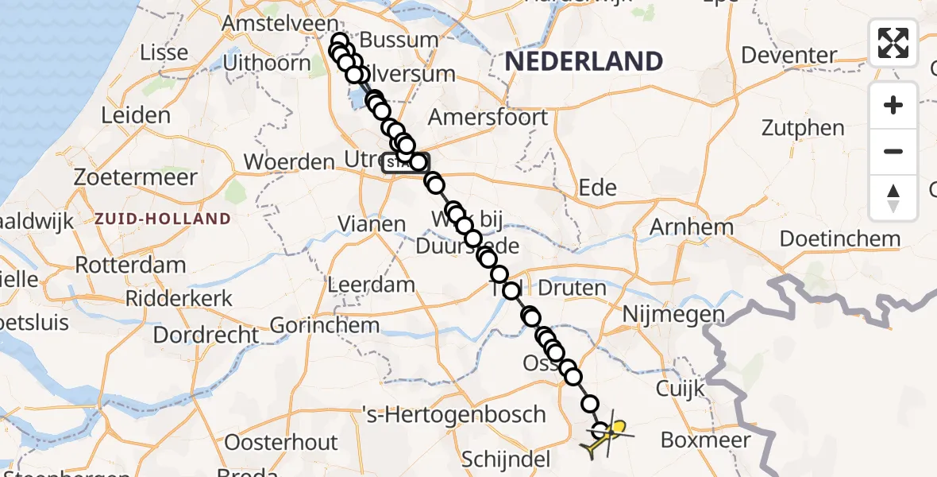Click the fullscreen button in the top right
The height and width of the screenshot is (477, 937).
[x=893, y=43]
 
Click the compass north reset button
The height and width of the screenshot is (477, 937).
[x=893, y=198]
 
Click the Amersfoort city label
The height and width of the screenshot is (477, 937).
[x=488, y=118]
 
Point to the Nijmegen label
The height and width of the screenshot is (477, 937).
[x=673, y=315]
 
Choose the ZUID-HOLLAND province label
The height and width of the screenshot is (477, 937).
[x=163, y=218]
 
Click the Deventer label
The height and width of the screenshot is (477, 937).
[x=789, y=56]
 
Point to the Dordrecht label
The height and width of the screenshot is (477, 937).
[x=206, y=335]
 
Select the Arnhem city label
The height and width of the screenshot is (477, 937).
[x=681, y=227]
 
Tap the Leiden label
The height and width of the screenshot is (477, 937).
[x=136, y=115]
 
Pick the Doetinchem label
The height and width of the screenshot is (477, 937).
[x=840, y=238]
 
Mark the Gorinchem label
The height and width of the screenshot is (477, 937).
[x=325, y=325]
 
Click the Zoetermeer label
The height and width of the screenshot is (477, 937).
[x=135, y=176]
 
